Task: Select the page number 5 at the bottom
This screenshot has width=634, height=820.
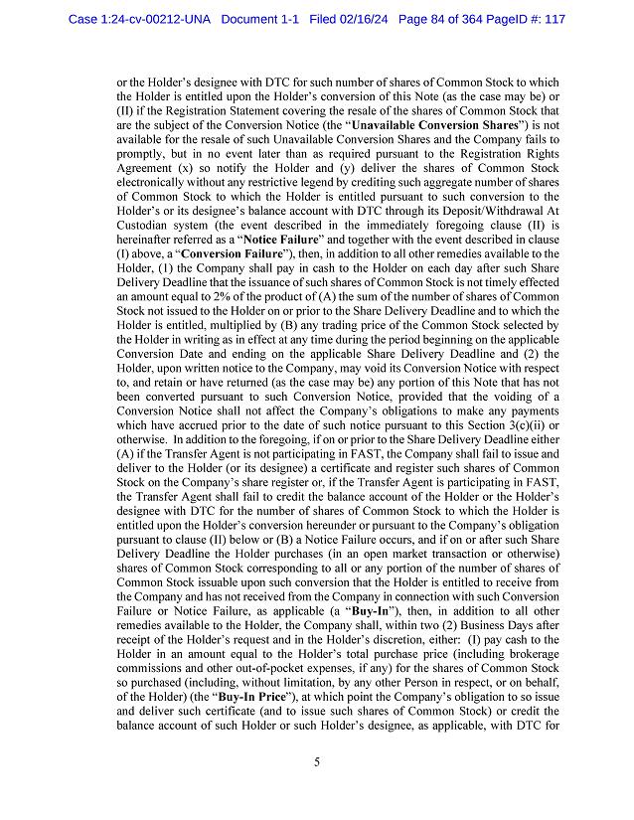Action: click(317, 762)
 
